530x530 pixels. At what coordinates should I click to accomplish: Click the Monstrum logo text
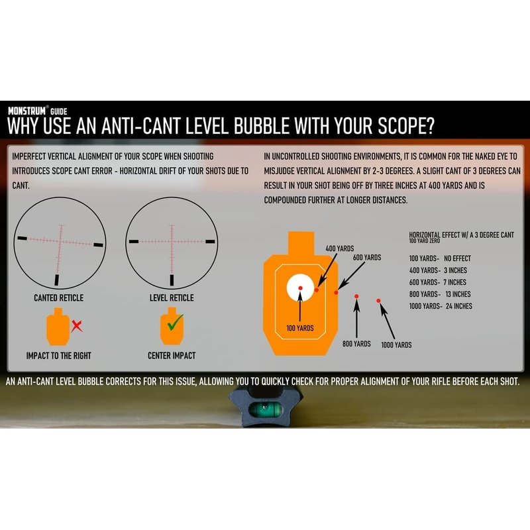[x=27, y=111]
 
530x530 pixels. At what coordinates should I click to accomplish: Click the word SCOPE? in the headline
[x=405, y=126]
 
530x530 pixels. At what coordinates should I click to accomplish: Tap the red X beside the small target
[x=77, y=326]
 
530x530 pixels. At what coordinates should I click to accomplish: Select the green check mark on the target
[x=175, y=323]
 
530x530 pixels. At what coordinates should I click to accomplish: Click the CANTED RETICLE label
[x=58, y=297]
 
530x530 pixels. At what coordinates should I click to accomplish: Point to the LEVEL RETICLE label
[x=172, y=297]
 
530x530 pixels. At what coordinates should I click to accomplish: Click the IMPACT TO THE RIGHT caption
[x=59, y=356]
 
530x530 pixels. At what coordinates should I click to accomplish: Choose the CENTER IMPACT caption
[x=172, y=356]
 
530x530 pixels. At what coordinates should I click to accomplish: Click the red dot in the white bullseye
[x=300, y=288]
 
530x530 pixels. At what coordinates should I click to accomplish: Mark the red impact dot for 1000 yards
[x=378, y=301]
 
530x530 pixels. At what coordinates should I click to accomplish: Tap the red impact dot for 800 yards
[x=356, y=296]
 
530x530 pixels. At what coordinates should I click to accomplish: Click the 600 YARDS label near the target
[x=367, y=258]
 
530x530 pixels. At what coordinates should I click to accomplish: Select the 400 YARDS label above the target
[x=340, y=248]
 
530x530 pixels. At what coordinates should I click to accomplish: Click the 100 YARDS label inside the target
[x=300, y=328]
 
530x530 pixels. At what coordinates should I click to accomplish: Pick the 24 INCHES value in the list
[x=458, y=306]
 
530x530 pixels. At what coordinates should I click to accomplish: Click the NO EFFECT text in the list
[x=457, y=258]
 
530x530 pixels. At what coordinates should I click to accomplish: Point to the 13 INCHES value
[x=458, y=294]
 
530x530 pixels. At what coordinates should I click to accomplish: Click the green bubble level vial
[x=266, y=409]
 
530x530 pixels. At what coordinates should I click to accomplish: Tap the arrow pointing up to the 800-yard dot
[x=356, y=319]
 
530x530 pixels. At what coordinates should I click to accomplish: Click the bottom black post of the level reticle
[x=172, y=280]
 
